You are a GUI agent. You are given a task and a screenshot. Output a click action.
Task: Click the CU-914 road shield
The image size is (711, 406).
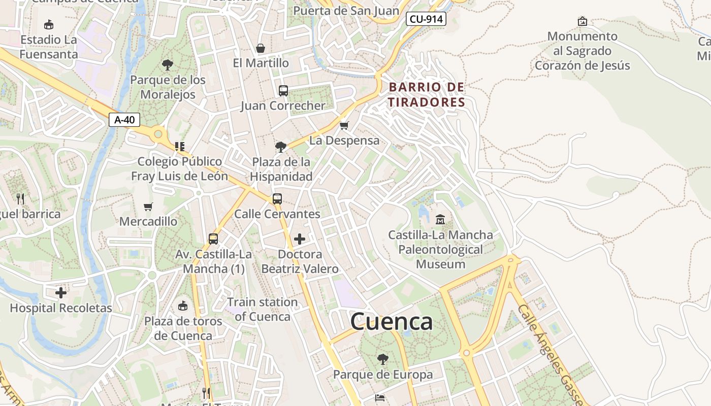pos(426,19)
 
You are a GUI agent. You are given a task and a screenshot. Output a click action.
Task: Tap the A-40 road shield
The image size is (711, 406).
pos(124,120)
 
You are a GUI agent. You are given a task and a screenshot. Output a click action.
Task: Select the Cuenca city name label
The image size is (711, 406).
pos(392,321)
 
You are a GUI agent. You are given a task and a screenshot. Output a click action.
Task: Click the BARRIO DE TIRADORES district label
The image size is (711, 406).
pos(427,94)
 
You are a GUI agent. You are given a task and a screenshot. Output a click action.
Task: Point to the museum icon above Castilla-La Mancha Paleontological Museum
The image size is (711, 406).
pos(440,220)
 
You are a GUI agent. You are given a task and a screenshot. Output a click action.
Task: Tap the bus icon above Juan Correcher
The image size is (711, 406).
pos(283,91)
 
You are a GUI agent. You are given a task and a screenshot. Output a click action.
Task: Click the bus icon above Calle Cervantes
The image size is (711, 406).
pos(277,199)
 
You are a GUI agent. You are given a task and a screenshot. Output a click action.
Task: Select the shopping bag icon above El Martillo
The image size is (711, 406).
pos(261,48)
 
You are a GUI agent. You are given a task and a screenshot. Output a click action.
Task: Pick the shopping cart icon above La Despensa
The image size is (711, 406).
pos(344,125)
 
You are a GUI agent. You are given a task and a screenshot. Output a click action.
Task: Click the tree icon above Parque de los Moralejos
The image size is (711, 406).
pos(168,65)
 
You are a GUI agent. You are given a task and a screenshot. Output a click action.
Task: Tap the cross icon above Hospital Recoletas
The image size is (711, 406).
pos(61,293)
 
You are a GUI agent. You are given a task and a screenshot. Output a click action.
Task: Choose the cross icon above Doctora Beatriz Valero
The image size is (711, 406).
pos(300,239)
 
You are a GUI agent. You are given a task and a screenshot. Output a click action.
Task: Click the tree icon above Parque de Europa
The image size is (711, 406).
pos(383,359)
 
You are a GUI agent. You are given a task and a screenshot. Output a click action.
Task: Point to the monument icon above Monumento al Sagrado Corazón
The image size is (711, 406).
pos(583,21)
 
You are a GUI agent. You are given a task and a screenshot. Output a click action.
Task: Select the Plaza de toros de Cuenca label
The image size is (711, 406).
pos(183,328)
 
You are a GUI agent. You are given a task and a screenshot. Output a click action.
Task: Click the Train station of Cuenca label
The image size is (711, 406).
pos(262,309)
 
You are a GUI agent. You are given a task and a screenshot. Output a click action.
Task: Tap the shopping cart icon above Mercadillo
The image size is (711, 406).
pos(148,207)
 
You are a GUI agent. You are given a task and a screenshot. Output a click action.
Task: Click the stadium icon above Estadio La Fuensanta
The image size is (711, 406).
pos(49,24)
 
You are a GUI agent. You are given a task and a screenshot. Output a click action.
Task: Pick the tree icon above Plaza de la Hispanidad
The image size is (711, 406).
pos(280,147)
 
